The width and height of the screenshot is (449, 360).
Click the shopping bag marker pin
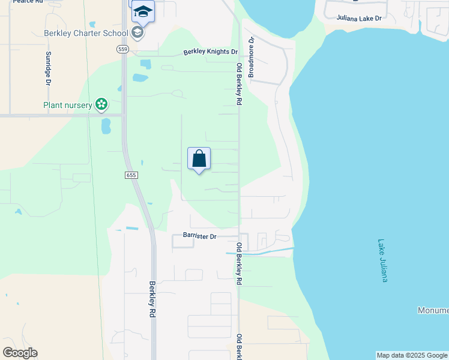[x=199, y=160]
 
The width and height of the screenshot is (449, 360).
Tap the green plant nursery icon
[x=101, y=105]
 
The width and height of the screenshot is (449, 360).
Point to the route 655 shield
[x=132, y=175]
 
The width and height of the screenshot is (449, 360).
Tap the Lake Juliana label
[x=384, y=261]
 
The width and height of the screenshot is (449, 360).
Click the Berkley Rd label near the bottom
[x=152, y=299]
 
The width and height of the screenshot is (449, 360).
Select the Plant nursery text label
[x=68, y=106]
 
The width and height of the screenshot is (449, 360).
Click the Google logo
[x=20, y=353]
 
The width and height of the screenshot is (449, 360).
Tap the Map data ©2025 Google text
[x=412, y=355]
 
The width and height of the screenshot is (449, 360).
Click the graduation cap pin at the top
[x=143, y=11]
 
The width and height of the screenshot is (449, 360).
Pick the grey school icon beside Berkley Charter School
[x=137, y=32]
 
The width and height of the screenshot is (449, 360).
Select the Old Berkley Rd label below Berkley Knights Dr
[x=239, y=85]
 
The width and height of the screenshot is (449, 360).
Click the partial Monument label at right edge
[x=433, y=310]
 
